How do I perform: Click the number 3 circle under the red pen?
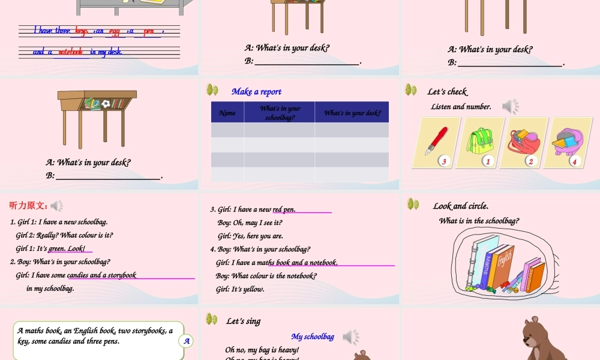pos(444,161)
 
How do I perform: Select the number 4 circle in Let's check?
pos(574,161)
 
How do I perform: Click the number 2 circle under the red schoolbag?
pos(530,161)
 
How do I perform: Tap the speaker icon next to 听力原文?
pos(57,206)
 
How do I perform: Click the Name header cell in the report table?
pos(227,113)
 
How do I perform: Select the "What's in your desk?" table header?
pos(352,113)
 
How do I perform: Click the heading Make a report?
pos(256,92)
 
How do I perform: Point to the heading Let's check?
pos(447,92)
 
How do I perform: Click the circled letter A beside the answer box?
pos(187,341)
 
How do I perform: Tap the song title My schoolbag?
pos(313,337)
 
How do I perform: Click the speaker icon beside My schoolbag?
pos(351,337)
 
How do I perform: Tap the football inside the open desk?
pos(106,104)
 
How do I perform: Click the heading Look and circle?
pos(461,206)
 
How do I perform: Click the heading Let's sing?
pos(243,321)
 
